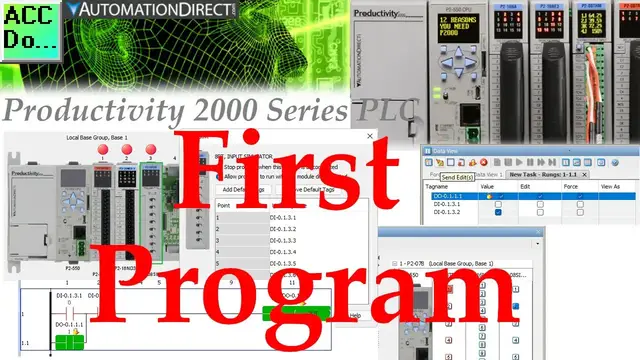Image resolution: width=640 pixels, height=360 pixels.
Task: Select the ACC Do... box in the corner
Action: [x=29, y=26]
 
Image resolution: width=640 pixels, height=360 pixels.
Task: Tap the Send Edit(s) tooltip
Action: [x=464, y=176]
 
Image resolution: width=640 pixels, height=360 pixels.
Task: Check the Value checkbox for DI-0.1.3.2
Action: [x=498, y=212]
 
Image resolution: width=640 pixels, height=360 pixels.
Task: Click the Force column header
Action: [x=568, y=187]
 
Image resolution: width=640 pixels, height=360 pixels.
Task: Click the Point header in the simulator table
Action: [x=226, y=204]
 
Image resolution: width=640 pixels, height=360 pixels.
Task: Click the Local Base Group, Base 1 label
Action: [x=97, y=135]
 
